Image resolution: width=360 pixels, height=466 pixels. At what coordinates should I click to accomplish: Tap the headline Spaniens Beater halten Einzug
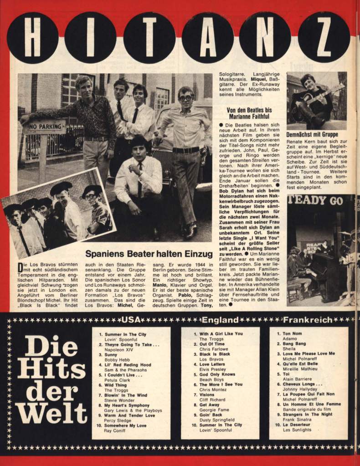tap(149, 254)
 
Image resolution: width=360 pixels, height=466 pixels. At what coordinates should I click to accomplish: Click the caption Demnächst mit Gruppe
tap(312, 135)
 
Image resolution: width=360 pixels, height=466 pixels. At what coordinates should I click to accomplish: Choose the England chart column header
tap(220, 320)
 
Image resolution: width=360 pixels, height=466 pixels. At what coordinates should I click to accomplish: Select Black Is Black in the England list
tap(215, 354)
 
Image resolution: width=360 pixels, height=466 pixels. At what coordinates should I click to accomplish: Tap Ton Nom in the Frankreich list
tap(292, 333)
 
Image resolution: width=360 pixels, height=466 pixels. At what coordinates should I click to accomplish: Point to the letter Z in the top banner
tap(324, 37)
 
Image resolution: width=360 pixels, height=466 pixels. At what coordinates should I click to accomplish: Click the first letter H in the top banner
tap(33, 37)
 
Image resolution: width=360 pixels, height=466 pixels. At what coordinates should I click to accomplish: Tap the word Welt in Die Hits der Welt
tap(51, 412)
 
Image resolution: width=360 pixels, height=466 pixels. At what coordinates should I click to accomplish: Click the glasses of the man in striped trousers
tap(186, 98)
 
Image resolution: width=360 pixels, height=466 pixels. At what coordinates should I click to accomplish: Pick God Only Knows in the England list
tap(217, 374)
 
